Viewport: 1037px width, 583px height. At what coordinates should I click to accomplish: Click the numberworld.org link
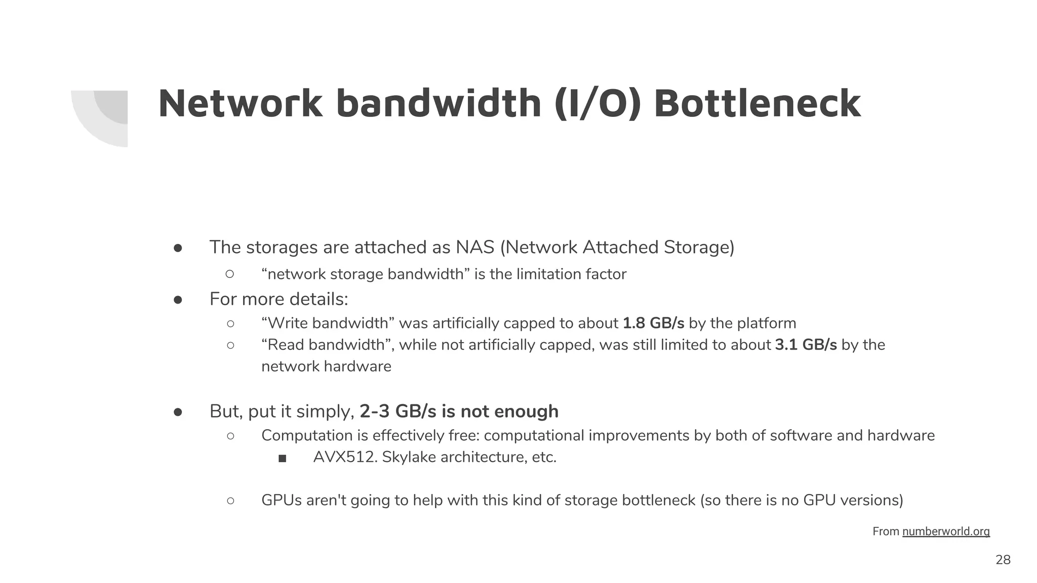pyautogui.click(x=945, y=531)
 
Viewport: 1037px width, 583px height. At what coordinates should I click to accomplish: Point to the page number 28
pyautogui.click(x=1003, y=560)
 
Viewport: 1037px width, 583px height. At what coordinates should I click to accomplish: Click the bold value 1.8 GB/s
pyautogui.click(x=653, y=323)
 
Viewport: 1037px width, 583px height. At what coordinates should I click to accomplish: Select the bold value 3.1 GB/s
pyautogui.click(x=806, y=345)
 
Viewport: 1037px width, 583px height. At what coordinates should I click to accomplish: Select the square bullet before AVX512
pyautogui.click(x=283, y=459)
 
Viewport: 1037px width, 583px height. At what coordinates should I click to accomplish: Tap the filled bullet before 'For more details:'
pyautogui.click(x=178, y=300)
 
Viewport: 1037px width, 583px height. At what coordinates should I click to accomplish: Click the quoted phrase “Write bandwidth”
pyautogui.click(x=328, y=323)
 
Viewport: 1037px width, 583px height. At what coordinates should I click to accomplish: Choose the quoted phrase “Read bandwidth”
pyautogui.click(x=329, y=345)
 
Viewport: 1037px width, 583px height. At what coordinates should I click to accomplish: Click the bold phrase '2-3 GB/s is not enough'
pyautogui.click(x=459, y=411)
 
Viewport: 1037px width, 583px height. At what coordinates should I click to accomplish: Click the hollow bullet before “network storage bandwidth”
pyautogui.click(x=230, y=274)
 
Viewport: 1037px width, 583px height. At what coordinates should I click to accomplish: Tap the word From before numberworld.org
pyautogui.click(x=886, y=531)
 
